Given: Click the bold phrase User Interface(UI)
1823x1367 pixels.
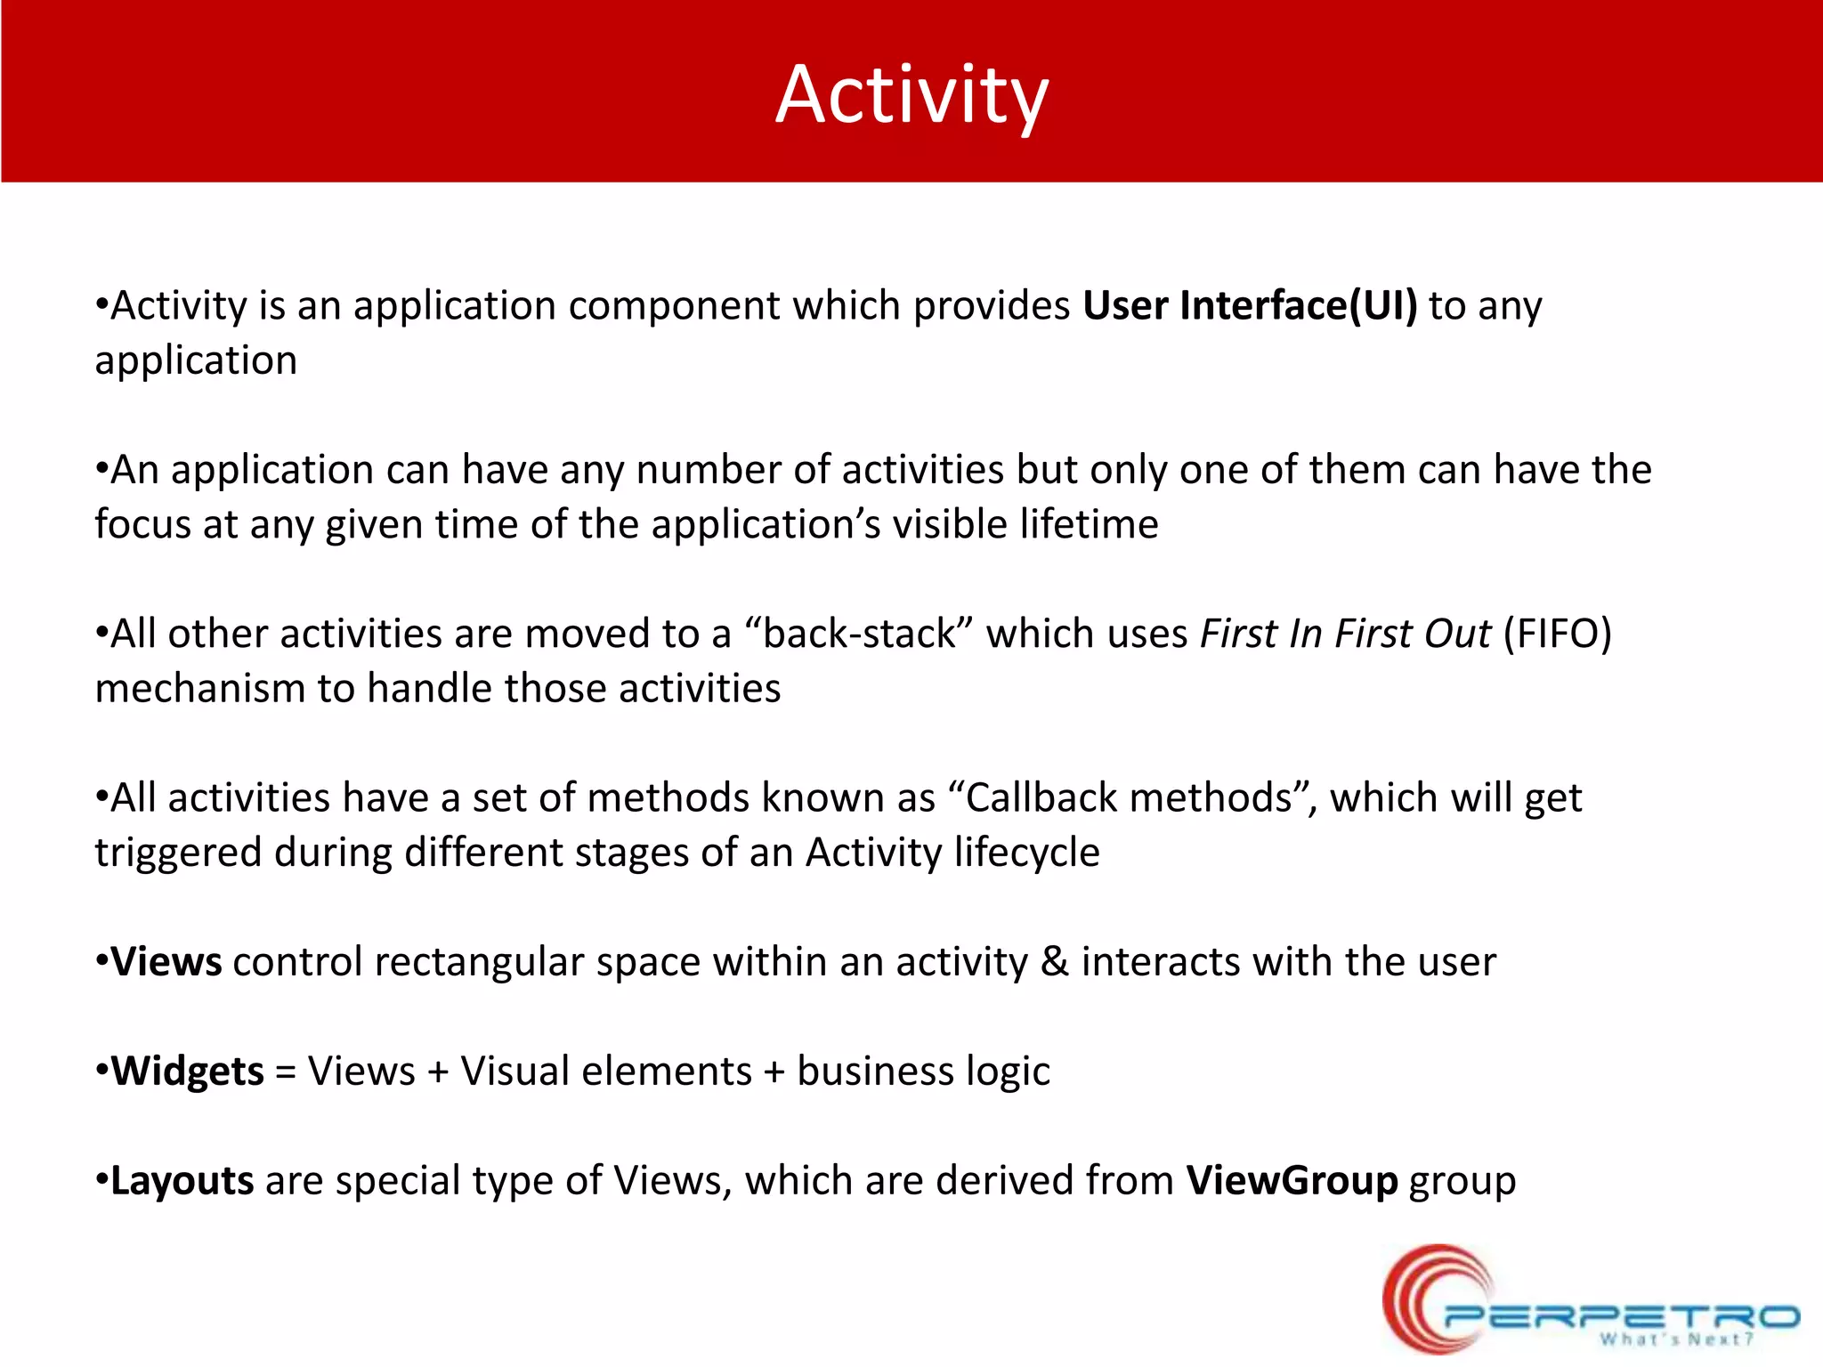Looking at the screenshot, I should (x=1249, y=305).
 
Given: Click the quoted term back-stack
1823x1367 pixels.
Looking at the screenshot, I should (x=858, y=634).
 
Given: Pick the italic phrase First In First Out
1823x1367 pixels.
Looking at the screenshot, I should (x=1345, y=634).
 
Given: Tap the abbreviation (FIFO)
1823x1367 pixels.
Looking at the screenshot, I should (x=1557, y=634).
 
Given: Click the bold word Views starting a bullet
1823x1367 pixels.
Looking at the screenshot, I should (x=166, y=962).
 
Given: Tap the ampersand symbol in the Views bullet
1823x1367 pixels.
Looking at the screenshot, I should (x=1054, y=962).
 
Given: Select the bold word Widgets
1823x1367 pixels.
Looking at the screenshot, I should (x=187, y=1071).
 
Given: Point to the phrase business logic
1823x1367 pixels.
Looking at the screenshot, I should (x=923, y=1071).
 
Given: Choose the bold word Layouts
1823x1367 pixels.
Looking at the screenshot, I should (x=182, y=1181).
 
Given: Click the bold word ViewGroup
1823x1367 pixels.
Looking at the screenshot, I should (x=1292, y=1181).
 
